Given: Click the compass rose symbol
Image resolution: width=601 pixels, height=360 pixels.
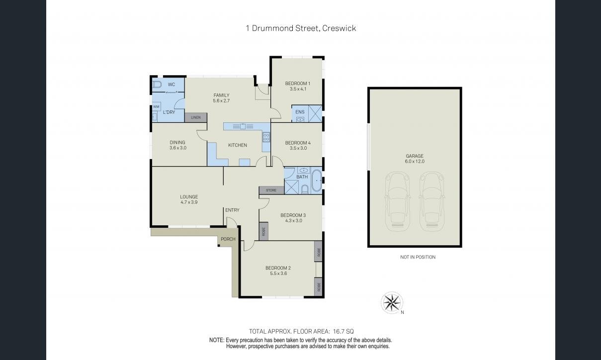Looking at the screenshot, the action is click(392, 302).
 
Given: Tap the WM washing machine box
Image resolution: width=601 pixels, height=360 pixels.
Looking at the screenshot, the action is click(156, 106).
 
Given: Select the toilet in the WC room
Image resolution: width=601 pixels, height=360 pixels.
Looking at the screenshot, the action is click(157, 85).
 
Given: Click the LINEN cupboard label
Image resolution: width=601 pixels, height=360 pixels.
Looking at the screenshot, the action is click(196, 117).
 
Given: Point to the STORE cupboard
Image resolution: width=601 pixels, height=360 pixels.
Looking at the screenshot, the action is click(271, 190).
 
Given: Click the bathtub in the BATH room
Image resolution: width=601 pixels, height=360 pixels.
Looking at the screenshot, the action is click(317, 180).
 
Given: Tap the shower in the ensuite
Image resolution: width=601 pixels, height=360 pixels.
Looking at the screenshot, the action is click(315, 113).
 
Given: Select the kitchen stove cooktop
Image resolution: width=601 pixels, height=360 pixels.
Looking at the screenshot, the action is click(266, 137).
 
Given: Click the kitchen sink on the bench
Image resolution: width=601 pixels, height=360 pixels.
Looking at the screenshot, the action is click(243, 126).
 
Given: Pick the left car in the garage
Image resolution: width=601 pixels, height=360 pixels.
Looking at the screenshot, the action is click(398, 201).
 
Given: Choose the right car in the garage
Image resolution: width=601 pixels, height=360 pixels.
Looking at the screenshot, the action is click(431, 201).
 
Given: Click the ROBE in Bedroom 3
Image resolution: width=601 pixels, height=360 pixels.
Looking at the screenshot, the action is click(263, 231).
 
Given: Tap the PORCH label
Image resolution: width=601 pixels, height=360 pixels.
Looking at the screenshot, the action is click(228, 239).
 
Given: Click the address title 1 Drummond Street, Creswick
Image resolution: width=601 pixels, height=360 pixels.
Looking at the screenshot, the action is click(301, 28).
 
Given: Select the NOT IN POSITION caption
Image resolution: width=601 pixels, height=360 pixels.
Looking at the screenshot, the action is click(418, 257).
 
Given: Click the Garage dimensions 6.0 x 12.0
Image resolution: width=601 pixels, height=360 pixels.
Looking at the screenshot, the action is click(415, 161).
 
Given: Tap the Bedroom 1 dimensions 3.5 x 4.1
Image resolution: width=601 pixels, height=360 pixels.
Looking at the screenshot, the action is click(298, 89).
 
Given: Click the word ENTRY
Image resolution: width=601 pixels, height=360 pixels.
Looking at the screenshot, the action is click(232, 210).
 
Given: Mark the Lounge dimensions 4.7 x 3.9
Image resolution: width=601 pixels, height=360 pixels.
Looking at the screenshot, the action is click(189, 202).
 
